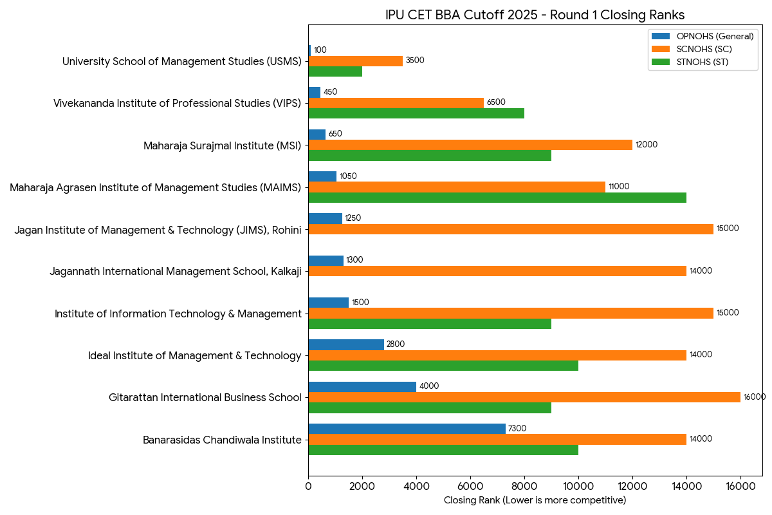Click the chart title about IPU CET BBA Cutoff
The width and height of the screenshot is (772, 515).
pos(535,15)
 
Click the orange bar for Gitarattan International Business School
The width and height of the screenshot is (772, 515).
pos(524,397)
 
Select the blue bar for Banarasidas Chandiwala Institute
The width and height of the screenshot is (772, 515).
pos(407,429)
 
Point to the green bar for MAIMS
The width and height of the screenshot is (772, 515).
pos(497,198)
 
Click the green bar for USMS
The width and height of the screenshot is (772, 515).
pos(335,71)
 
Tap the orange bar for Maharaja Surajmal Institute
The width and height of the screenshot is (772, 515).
pos(470,145)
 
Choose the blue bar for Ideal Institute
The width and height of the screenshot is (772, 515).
pos(346,344)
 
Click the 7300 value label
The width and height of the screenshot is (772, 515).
pos(517,429)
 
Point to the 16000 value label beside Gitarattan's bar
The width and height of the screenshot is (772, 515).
pos(755,397)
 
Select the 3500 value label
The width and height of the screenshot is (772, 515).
pos(415,61)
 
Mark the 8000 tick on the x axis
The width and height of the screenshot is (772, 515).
pos(524,487)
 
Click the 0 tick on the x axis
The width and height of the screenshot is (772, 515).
pos(309,487)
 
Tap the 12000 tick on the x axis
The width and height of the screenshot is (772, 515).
pos(632,487)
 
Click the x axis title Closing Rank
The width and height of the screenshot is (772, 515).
pos(535,500)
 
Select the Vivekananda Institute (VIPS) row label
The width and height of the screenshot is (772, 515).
pos(177,103)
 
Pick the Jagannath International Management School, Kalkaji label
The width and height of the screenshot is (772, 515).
pos(175,272)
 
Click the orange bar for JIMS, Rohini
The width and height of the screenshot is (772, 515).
pos(511,229)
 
